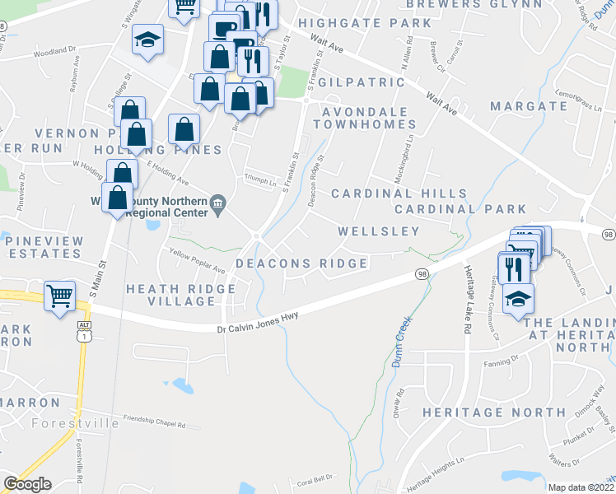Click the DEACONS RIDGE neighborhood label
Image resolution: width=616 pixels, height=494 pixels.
point(301,263)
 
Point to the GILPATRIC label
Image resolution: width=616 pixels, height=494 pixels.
point(362,83)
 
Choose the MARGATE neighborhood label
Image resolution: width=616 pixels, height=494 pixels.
point(529,106)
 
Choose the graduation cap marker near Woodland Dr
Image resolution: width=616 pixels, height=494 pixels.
point(148,40)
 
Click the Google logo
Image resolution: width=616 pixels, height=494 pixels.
point(27,484)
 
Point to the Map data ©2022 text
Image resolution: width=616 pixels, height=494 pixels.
point(578,487)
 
